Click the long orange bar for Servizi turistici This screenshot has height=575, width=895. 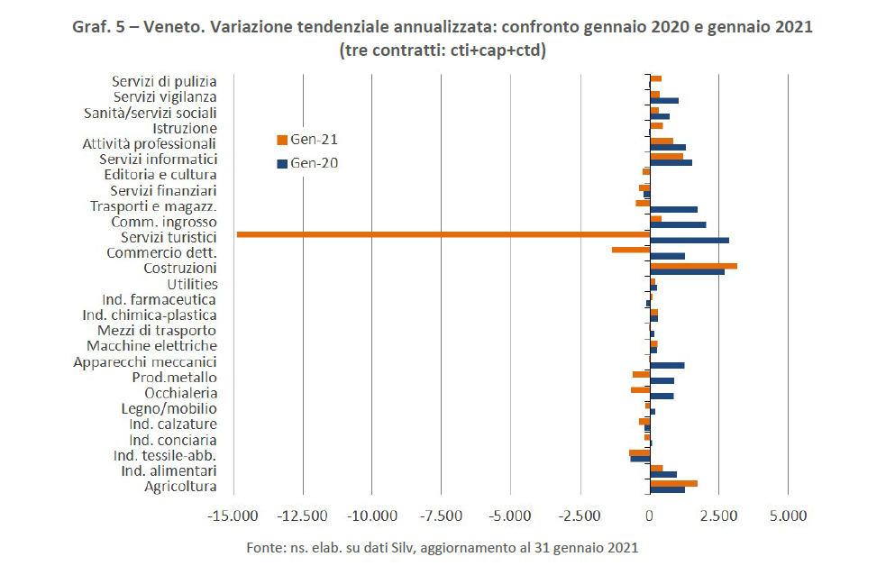(442, 234)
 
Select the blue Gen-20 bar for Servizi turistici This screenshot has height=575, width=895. (690, 241)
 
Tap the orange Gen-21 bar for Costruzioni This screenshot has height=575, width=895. (693, 266)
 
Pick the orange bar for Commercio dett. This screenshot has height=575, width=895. (631, 250)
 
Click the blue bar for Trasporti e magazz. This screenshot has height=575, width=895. (673, 209)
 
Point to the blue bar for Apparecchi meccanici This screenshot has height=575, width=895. (667, 365)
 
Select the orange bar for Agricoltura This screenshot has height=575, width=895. (673, 483)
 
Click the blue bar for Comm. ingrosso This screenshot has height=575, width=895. (678, 224)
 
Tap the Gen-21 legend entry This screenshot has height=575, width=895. (306, 140)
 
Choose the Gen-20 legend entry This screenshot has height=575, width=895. (306, 164)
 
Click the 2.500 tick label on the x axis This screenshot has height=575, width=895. (718, 516)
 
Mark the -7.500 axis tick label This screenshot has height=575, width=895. (442, 516)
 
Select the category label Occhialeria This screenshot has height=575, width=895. (180, 393)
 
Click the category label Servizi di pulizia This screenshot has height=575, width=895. (164, 81)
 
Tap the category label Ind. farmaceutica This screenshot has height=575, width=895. (158, 299)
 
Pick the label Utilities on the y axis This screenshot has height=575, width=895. (191, 284)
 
